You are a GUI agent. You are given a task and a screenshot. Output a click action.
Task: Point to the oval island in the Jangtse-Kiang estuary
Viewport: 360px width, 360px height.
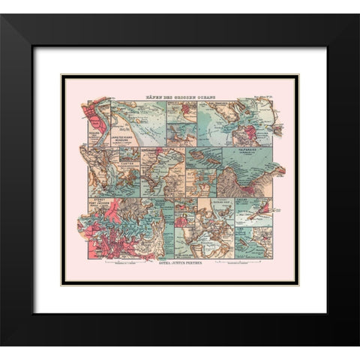coord(132,112)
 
